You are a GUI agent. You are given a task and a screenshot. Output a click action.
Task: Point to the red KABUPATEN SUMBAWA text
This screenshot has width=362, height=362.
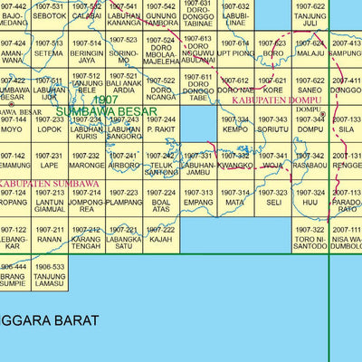pyautogui.click(x=37, y=185)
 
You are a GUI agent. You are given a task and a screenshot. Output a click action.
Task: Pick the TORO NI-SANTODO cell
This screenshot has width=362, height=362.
pyautogui.click(x=310, y=238)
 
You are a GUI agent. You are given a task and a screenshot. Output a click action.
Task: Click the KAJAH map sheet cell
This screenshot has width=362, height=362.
pyautogui.click(x=161, y=238)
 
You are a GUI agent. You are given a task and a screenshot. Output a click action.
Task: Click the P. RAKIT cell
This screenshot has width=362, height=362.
pyautogui.click(x=161, y=124)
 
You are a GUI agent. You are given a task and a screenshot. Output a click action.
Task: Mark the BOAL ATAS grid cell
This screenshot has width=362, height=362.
pyautogui.click(x=161, y=202)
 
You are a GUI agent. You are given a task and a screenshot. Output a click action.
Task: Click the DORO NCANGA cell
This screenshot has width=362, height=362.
pyautogui.click(x=161, y=90)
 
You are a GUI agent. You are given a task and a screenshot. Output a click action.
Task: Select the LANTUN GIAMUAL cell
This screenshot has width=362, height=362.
pyautogui.click(x=49, y=202)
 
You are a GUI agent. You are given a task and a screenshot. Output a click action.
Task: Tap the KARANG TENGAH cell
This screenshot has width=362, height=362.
pyautogui.click(x=86, y=238)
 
